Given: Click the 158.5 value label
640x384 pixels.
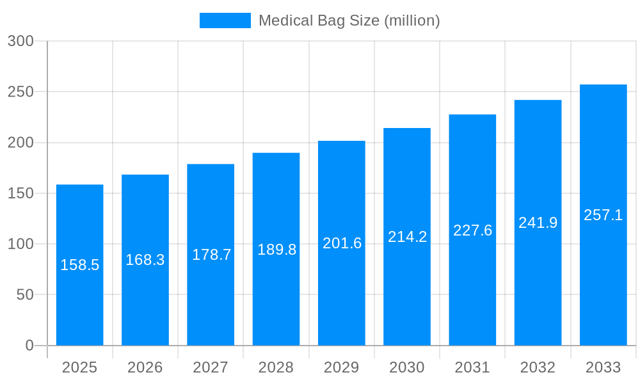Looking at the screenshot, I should (x=80, y=265).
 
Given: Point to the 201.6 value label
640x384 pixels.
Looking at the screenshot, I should (x=342, y=243).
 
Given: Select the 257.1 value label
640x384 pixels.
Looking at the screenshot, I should (x=603, y=215).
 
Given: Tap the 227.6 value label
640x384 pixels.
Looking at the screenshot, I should (x=472, y=230).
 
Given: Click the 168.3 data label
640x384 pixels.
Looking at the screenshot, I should (x=145, y=260).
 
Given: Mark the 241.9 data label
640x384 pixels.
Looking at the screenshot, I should (x=538, y=223).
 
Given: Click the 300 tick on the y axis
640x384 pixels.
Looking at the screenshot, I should (x=20, y=41).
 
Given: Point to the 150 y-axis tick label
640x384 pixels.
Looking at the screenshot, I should (x=20, y=193).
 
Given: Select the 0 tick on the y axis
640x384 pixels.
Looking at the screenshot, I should (x=29, y=346).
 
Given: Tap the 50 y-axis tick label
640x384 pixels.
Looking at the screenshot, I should (x=25, y=295).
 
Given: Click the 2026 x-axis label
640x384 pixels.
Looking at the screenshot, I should (x=145, y=367).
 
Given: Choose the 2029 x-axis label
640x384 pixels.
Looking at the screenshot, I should (x=342, y=367).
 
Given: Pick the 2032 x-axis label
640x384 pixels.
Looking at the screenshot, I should (x=538, y=367).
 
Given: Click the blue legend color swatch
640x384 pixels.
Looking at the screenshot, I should (x=225, y=20).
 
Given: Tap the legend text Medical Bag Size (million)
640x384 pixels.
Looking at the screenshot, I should (x=349, y=20).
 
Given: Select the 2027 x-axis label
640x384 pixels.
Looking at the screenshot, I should (x=211, y=367).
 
